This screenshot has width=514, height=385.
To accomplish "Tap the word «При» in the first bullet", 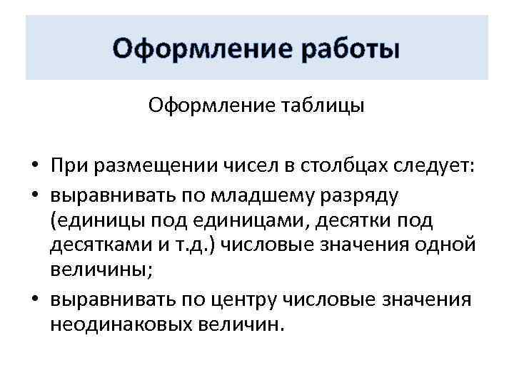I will click(69, 166).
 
